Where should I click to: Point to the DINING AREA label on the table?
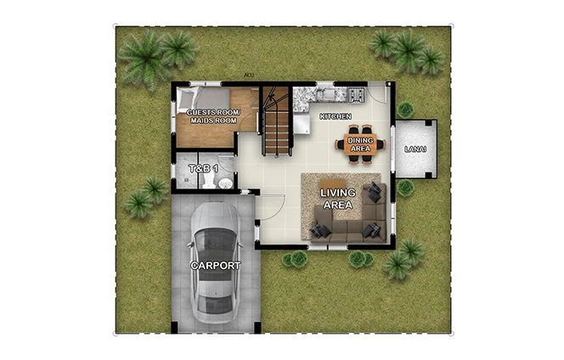(x=360, y=143)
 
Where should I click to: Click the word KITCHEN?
(x=335, y=115)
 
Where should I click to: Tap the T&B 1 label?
(x=203, y=169)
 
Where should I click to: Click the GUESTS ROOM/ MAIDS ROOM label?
(x=214, y=117)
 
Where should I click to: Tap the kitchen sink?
(x=326, y=89)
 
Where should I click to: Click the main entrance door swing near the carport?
(x=270, y=206)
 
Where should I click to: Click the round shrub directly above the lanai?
(x=405, y=110)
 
